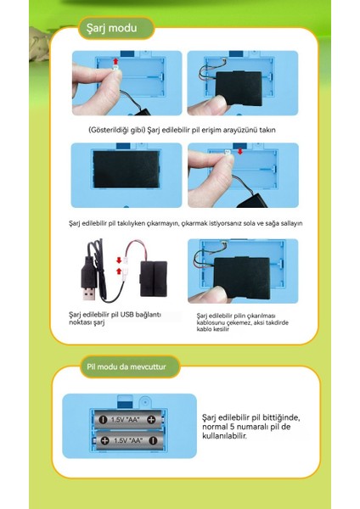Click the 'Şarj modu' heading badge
point(115,28)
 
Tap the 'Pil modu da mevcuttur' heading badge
point(129,366)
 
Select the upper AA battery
point(128,420)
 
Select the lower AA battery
point(129,440)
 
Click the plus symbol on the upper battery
point(151,419)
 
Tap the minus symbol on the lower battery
point(153,440)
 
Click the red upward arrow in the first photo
point(115,62)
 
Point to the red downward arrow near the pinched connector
point(239,151)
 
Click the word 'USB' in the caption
point(127,315)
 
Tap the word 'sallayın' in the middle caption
point(291,223)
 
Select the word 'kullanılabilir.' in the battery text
point(224,436)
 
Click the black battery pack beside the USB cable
point(154,279)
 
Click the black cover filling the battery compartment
point(126,169)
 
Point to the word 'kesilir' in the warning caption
point(221,329)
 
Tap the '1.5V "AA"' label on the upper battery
point(125,420)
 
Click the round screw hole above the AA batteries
point(145,402)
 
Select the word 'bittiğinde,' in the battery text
point(281,417)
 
